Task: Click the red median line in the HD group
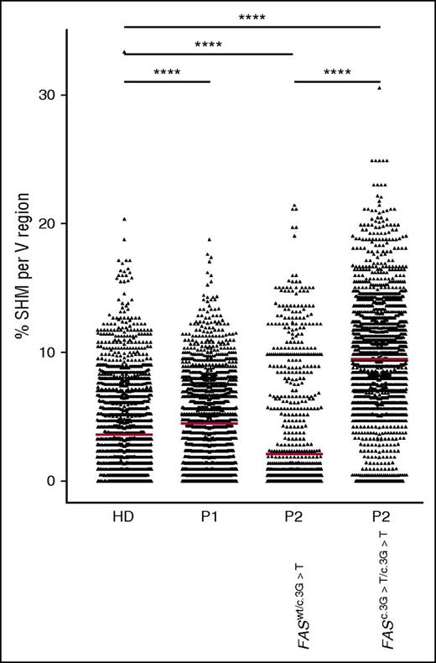[x=125, y=436]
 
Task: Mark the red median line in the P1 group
[x=209, y=423]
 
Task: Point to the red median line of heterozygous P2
[x=293, y=454]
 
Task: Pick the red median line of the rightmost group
[x=379, y=359]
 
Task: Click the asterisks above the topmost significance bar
[x=252, y=16]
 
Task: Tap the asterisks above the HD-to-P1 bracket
[x=167, y=72]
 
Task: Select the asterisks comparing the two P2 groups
[x=337, y=72]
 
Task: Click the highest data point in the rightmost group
[x=379, y=87]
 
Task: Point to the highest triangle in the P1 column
[x=209, y=239]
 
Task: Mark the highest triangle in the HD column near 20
[x=124, y=219]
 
